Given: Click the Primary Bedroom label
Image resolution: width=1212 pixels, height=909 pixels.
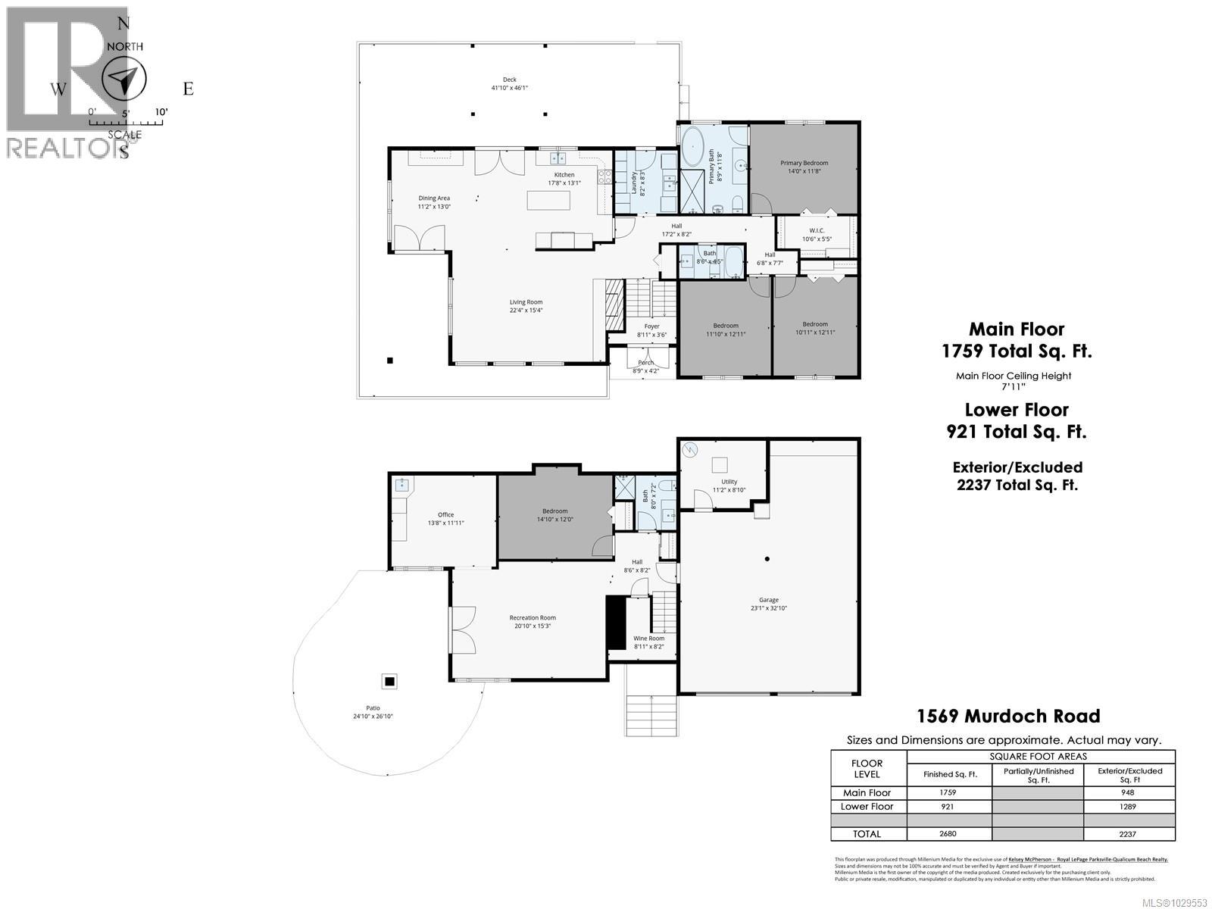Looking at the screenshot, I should point(804,163).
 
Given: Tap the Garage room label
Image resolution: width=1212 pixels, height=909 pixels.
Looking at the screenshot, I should point(769,600).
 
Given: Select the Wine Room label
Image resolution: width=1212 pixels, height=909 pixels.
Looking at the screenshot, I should point(648,639).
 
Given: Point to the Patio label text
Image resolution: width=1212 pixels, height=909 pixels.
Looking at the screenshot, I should point(373,708).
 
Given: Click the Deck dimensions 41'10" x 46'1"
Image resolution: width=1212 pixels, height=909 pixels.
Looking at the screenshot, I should point(509,88).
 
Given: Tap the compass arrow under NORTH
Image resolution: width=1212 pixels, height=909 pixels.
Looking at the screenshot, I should point(123,80).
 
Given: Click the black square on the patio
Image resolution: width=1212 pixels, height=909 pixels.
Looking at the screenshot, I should point(389,682).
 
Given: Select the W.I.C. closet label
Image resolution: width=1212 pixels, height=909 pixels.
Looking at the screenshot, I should point(817,230).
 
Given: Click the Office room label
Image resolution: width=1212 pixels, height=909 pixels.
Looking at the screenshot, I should point(445,515).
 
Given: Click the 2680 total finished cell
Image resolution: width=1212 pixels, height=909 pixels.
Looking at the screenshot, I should point(948,834).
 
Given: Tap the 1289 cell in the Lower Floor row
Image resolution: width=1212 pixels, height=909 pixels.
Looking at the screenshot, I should point(1129,807).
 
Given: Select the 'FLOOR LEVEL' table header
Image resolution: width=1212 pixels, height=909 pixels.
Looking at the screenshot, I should point(867,769).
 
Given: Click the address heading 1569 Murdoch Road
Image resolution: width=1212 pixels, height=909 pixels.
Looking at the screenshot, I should point(1008,716).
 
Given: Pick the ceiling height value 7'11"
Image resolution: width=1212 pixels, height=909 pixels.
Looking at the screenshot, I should point(1014,386).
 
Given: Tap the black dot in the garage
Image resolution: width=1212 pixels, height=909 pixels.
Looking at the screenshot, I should point(767,559).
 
